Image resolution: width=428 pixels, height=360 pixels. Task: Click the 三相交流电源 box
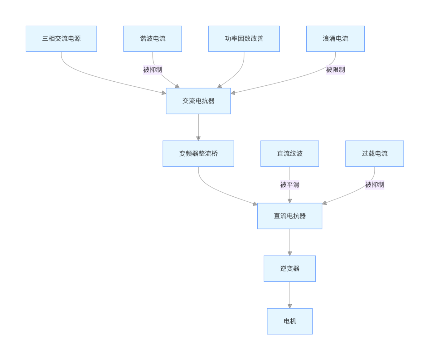coord(61,39)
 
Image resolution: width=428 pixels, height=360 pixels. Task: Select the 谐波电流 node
coord(153,39)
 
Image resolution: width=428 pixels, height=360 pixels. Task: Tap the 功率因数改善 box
coord(244,39)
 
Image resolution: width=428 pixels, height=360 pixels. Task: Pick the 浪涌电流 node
coord(335,39)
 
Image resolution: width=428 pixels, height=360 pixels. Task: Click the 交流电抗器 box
coord(198,101)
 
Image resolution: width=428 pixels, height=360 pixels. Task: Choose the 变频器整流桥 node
coord(198,154)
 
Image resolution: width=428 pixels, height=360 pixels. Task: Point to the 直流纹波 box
coord(289,154)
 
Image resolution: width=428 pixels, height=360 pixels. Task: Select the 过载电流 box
coord(374,154)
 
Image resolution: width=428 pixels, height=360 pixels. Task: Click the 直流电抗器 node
coord(289,216)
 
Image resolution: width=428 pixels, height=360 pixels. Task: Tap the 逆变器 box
coord(289,269)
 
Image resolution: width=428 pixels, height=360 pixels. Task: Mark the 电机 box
coord(289,321)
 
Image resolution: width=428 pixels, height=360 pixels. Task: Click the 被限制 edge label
coord(335,70)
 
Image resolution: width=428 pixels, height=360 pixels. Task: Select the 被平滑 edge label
coord(289,185)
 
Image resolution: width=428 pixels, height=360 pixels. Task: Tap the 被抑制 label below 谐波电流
coord(153,70)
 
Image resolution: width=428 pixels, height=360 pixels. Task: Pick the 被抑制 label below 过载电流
coord(374,185)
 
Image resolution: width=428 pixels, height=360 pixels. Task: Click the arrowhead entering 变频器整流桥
coord(198,138)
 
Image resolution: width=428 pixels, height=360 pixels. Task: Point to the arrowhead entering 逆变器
coord(289,253)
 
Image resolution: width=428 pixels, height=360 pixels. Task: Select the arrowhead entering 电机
coord(289,306)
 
